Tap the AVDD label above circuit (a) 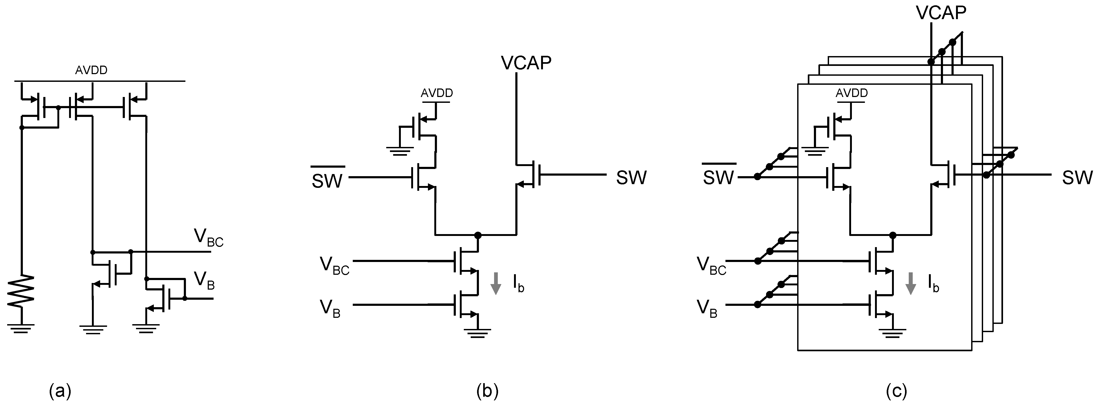[91, 70]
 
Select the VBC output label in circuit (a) [208, 238]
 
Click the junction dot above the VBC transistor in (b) [478, 235]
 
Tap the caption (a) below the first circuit [60, 391]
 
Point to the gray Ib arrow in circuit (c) [911, 284]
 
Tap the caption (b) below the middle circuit [487, 391]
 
